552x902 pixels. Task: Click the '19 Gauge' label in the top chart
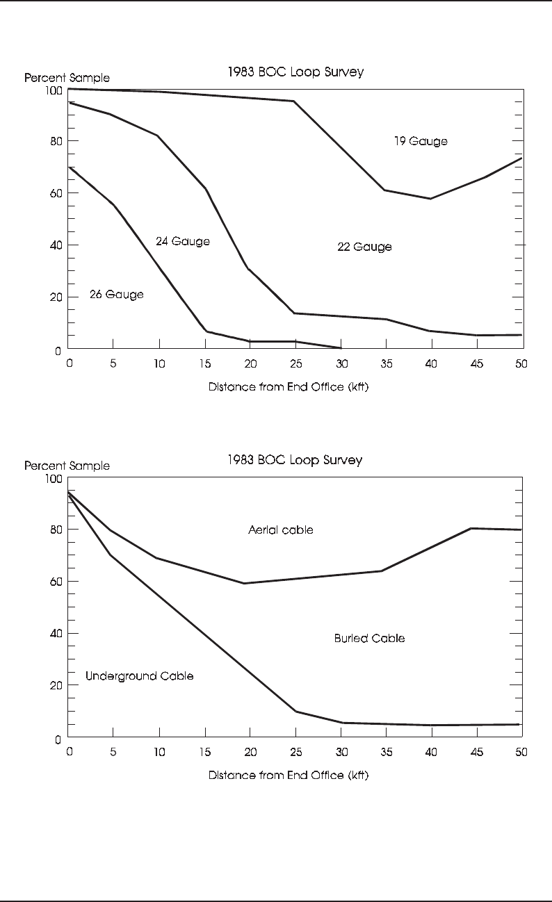[421, 142]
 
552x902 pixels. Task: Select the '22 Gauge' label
[364, 247]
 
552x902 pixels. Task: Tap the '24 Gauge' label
[182, 242]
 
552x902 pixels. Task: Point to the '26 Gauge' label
[116, 295]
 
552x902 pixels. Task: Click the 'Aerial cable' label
[280, 530]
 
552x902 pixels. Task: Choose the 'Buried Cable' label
[369, 638]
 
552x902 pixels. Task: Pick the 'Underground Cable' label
[139, 676]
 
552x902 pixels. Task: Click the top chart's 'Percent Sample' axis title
[67, 78]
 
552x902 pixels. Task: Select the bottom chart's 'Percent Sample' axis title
[67, 466]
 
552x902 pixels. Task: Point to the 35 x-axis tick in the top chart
[385, 363]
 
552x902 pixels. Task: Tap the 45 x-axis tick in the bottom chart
[476, 751]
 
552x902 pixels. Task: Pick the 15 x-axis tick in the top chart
[205, 363]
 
